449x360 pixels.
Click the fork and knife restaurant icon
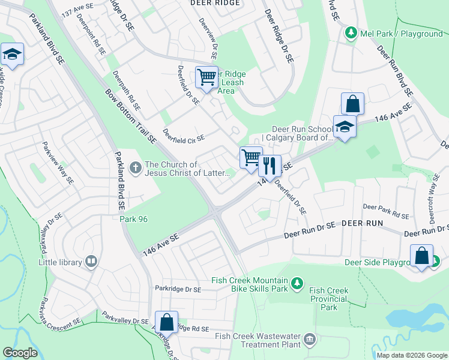pos(270,165)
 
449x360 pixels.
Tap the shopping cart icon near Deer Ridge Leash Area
pos(206,77)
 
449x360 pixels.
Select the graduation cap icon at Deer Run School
pos(345,127)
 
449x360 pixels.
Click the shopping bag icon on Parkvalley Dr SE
pos(166,322)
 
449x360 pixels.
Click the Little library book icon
pos(91,261)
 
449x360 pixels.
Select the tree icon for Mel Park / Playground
pos(352,34)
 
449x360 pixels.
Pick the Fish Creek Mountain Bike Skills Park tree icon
pos(297,282)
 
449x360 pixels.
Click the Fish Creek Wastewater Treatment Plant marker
pos(309,340)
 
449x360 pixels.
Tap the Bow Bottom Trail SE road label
pos(130,117)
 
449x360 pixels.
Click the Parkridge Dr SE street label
pos(178,289)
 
